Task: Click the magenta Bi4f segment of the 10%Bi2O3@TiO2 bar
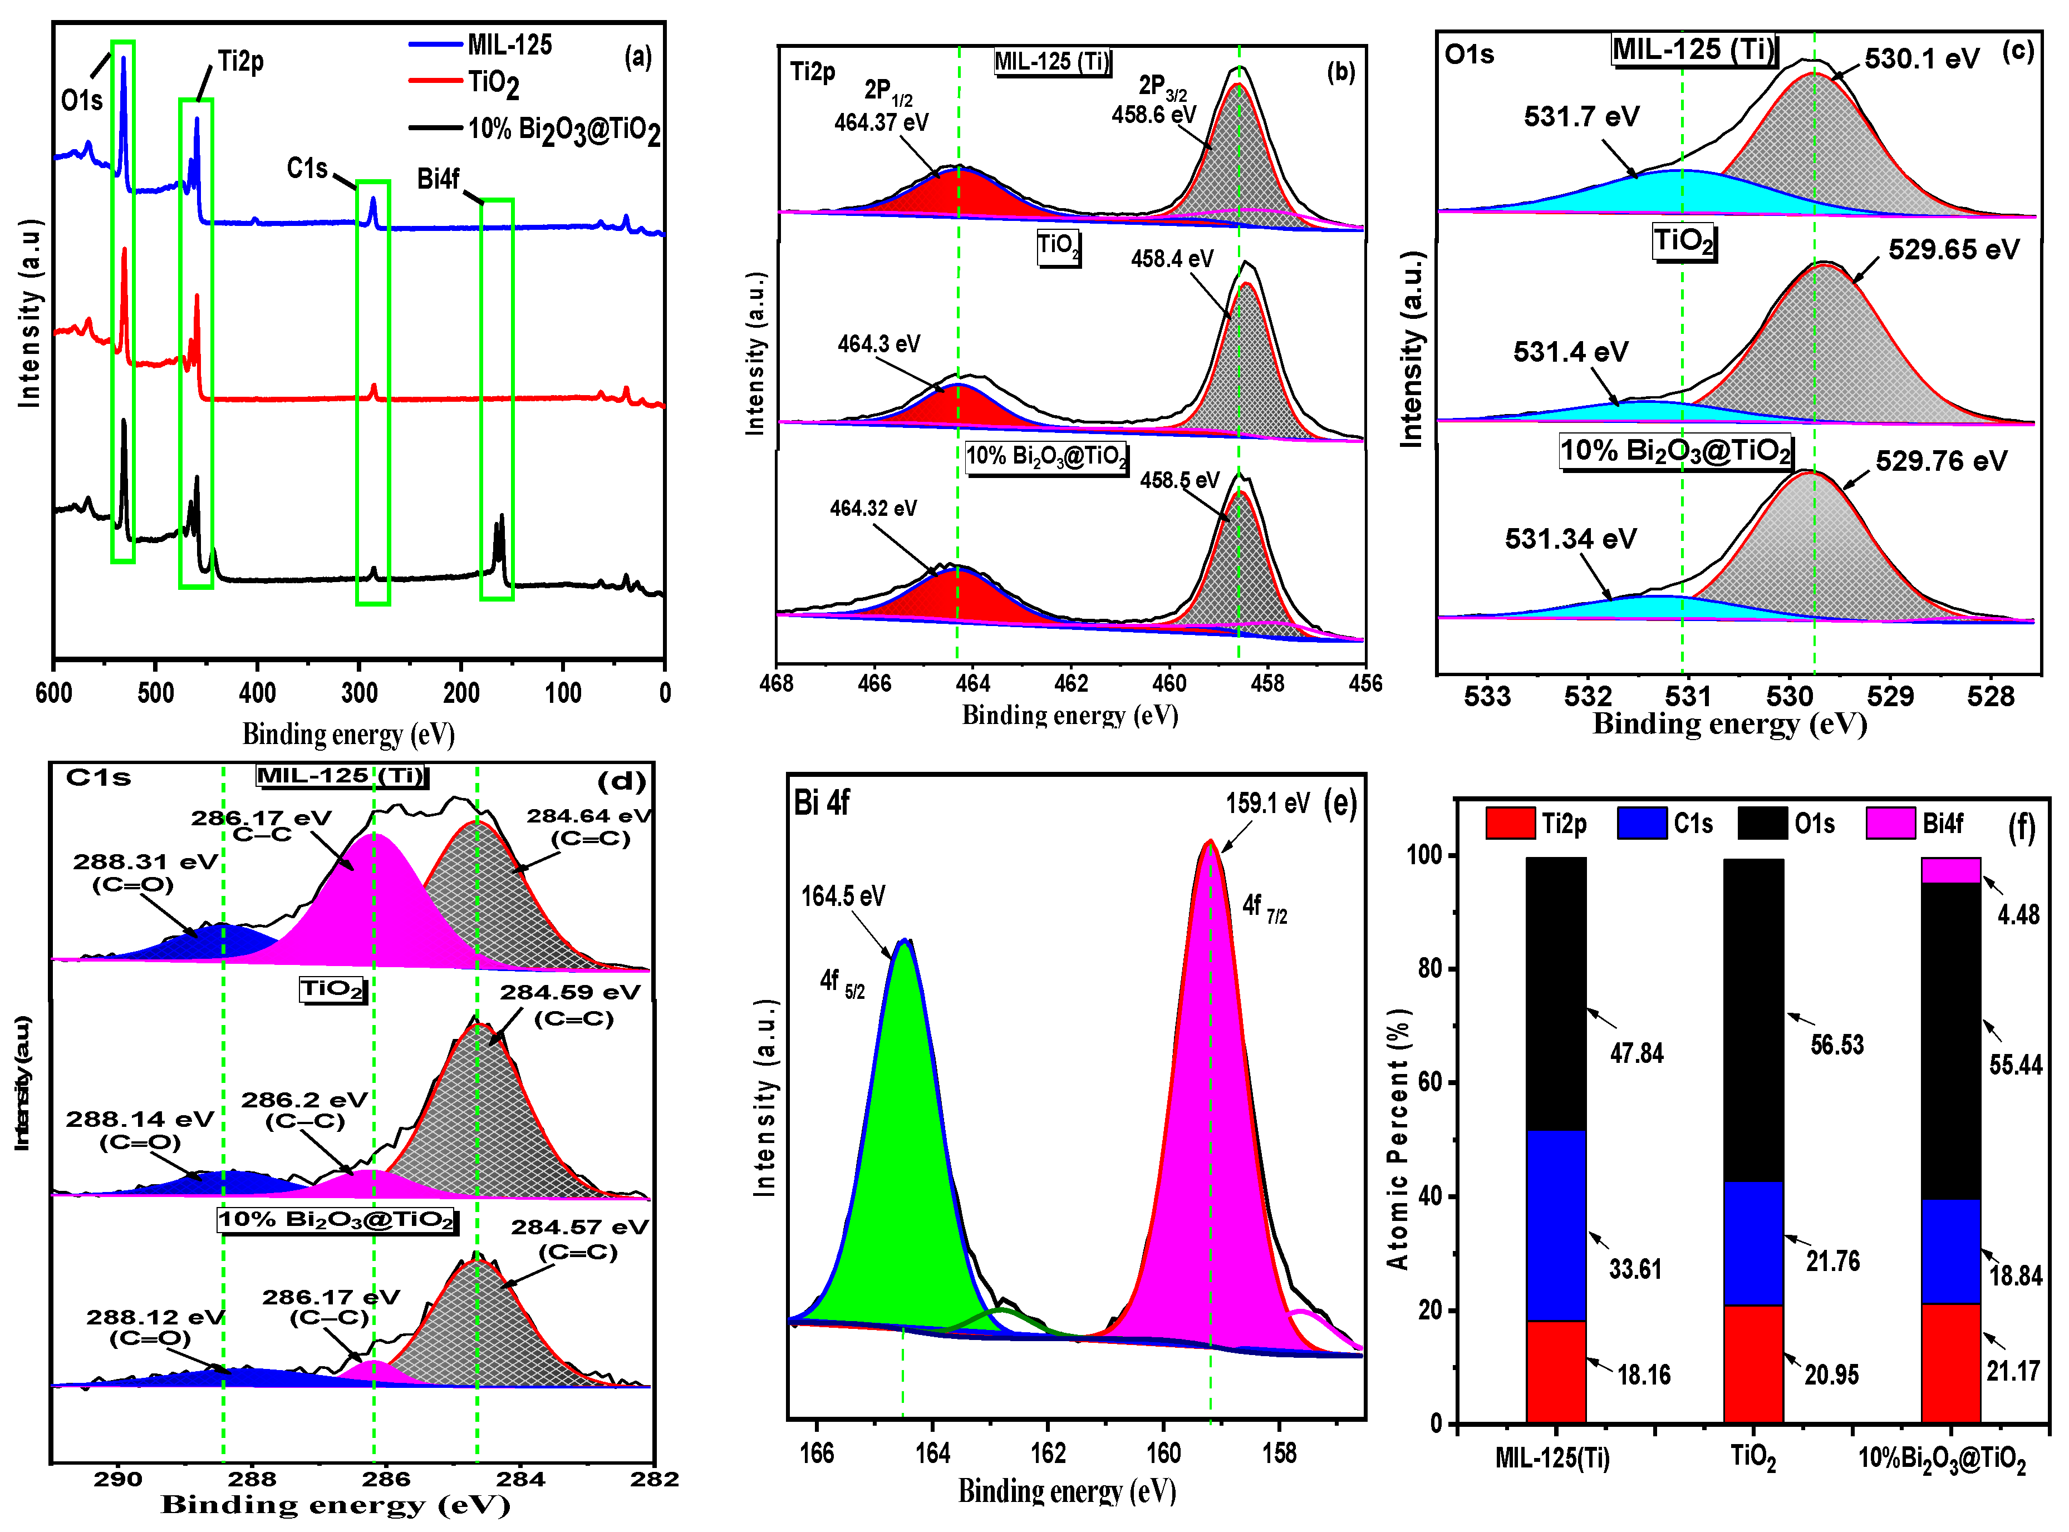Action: coord(1950,870)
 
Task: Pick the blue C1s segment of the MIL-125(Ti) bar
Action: coord(1555,1224)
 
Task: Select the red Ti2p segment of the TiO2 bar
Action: coord(1753,1363)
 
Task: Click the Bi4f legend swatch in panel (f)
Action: coord(1890,822)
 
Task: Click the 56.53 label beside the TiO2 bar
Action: coord(1836,1045)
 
